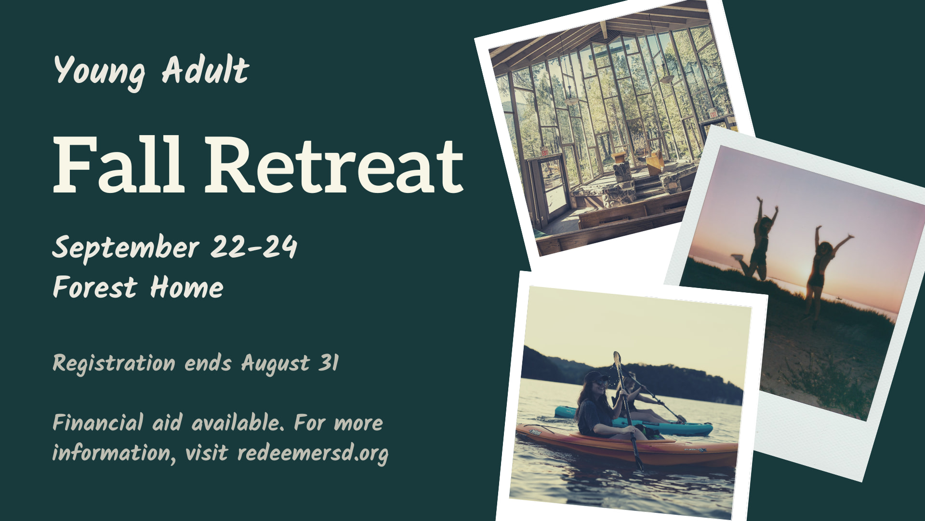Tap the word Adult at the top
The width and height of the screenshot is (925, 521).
pos(205,69)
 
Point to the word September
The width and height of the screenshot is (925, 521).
pos(126,248)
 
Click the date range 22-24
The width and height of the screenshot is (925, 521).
pos(254,247)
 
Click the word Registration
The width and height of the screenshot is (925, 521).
pos(114,364)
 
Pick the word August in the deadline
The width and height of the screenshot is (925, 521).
pos(275,364)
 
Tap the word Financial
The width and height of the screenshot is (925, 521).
pos(98,423)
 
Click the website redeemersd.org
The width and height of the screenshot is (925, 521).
pos(313,453)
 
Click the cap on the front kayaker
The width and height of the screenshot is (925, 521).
pos(595,376)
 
